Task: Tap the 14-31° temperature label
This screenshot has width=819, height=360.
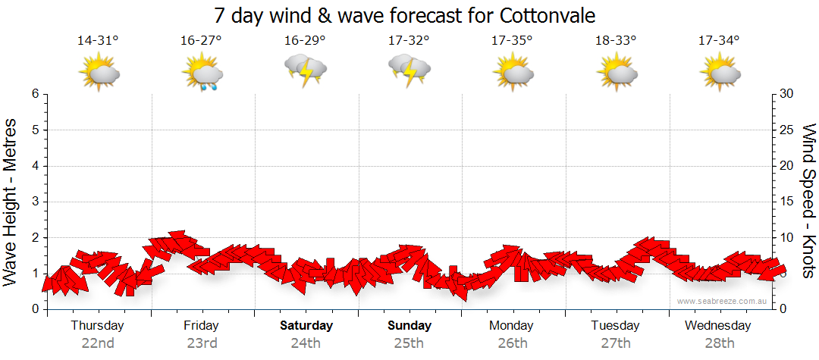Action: (98, 40)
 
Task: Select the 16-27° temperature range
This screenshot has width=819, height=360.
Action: (201, 40)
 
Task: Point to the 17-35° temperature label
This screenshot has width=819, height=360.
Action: (511, 40)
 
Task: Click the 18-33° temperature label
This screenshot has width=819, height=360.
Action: (615, 40)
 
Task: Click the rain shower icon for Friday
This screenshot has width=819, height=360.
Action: (202, 74)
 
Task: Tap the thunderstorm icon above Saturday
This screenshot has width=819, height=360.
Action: (305, 71)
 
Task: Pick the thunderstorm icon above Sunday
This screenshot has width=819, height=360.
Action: (409, 71)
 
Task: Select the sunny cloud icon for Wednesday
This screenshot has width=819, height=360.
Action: (719, 72)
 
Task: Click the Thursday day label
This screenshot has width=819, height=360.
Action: (97, 325)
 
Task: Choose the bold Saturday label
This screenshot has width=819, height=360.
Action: (306, 325)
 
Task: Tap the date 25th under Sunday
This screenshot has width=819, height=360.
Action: (409, 343)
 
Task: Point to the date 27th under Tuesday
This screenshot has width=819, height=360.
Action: (615, 343)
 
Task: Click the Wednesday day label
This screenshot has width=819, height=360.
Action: (717, 325)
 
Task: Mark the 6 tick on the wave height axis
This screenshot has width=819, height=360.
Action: (35, 94)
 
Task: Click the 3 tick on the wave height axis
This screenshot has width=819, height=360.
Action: (35, 202)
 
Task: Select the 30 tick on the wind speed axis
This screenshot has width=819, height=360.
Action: (786, 94)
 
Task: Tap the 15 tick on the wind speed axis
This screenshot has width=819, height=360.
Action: (786, 202)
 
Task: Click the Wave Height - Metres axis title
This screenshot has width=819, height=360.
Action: (12, 202)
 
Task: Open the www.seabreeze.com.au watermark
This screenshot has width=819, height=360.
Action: (723, 301)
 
